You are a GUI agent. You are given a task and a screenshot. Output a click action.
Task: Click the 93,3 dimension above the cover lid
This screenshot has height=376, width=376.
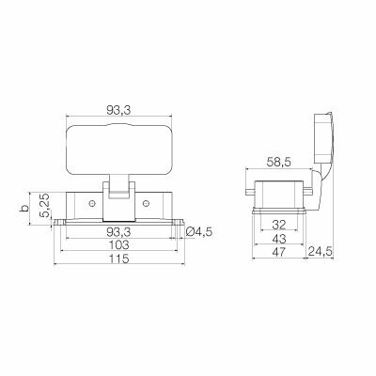click(117, 110)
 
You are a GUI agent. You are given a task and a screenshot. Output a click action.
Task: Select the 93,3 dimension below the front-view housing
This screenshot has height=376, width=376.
click(117, 230)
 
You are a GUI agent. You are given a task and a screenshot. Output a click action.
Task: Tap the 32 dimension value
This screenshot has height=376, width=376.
click(278, 226)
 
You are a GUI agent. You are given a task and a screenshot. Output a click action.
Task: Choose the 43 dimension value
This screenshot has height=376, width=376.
click(278, 239)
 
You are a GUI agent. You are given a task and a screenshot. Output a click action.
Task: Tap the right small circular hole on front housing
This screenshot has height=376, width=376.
click(146, 203)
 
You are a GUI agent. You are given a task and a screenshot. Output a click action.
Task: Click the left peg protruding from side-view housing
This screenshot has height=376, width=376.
click(249, 196)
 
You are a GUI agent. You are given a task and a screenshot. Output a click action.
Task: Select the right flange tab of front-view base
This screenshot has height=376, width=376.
click(177, 222)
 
